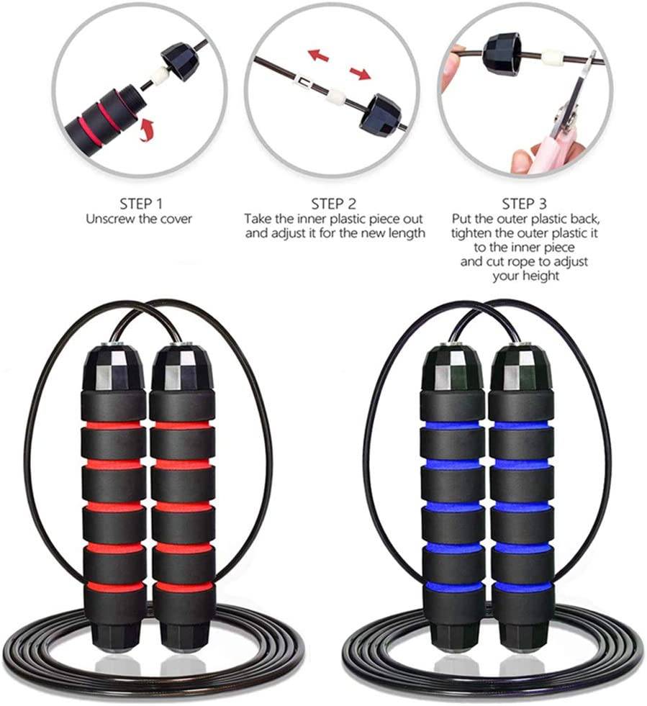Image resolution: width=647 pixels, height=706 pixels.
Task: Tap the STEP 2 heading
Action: click(x=333, y=204)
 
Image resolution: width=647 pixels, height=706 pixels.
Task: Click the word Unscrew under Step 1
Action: click(x=109, y=219)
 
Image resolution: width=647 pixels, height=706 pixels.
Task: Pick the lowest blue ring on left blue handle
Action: click(x=453, y=587)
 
